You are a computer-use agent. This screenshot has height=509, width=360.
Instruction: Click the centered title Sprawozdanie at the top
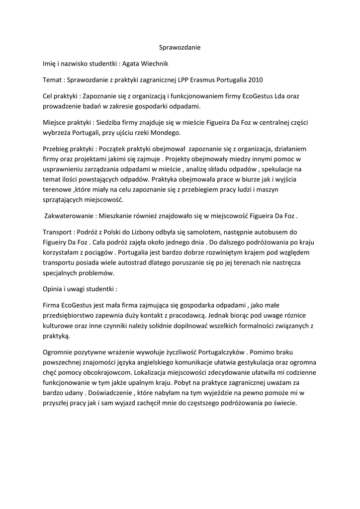(x=180, y=48)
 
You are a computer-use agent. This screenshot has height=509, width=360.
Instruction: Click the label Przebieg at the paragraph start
(x=56, y=148)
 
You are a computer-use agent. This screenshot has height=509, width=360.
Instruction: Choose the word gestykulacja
(x=255, y=362)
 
